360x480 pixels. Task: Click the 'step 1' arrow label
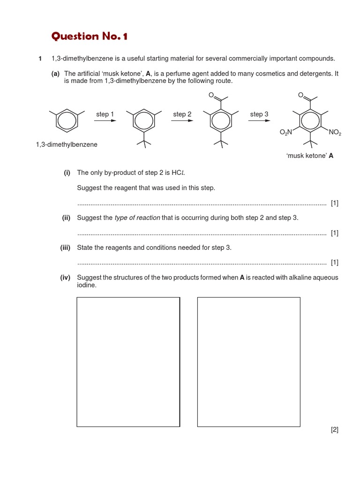pos(105,114)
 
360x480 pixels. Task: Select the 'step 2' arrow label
pos(182,114)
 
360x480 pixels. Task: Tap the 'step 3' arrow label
pos(259,114)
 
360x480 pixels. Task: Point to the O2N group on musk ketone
pos(286,133)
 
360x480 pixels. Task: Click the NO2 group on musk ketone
pos(335,133)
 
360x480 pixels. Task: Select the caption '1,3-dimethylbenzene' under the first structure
pos(67,144)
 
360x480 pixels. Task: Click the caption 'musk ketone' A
pos(310,156)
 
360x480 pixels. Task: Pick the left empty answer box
pos(128,362)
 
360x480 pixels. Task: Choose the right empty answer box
pos(248,362)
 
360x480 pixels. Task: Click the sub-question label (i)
pos(67,172)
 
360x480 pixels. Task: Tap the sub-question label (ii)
pos(66,217)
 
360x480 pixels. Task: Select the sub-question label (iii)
pos(65,247)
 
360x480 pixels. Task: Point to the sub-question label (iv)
pos(65,277)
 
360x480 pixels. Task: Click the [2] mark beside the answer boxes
pos(334,429)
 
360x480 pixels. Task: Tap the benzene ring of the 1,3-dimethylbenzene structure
pos(67,121)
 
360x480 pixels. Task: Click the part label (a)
pos(55,74)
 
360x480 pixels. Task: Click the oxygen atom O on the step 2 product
pos(211,95)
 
